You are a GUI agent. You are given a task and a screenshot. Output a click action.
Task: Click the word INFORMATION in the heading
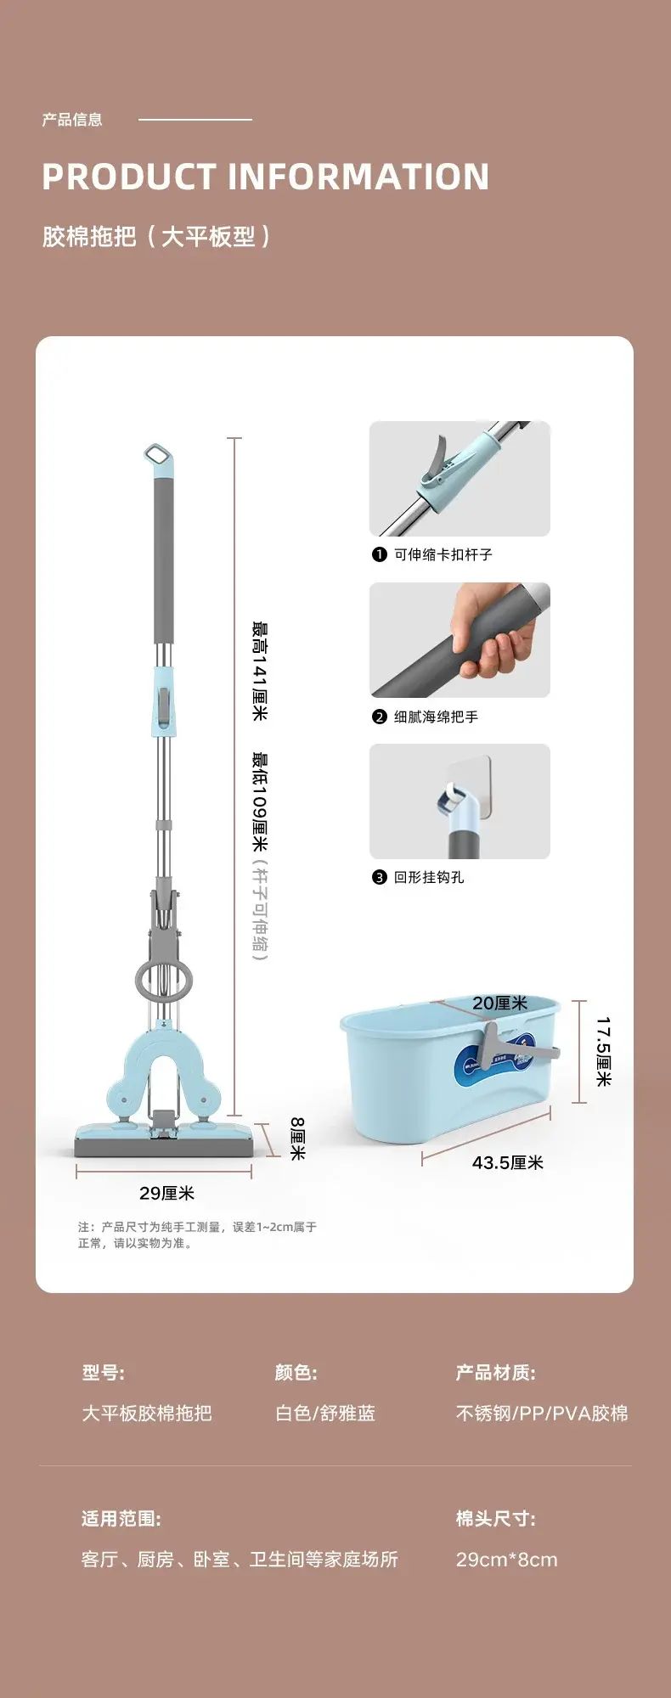pos(358,177)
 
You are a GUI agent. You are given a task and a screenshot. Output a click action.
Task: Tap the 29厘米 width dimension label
pos(167,1193)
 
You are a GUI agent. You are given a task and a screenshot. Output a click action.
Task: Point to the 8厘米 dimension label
pos(297,1139)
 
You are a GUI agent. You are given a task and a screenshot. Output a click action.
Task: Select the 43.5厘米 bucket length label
pos(508,1162)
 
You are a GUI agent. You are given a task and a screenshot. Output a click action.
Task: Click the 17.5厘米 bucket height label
pos(603,1052)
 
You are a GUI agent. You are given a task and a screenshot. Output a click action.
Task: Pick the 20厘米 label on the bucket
pos(500,1004)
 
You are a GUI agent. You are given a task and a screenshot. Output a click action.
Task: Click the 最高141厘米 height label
pos(260,672)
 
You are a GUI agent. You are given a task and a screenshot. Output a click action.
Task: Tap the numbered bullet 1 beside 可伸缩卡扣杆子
pos(380,554)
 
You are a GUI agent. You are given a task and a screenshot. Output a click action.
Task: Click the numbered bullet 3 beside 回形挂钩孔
pos(380,878)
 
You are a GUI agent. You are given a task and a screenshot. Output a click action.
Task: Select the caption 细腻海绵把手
pos(436,717)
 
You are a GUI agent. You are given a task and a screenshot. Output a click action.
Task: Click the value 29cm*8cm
pos(507,1559)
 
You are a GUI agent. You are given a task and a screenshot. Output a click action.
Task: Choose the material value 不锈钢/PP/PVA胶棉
pos(542,1413)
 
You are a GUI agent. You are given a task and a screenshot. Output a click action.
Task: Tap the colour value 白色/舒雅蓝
pos(325,1413)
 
